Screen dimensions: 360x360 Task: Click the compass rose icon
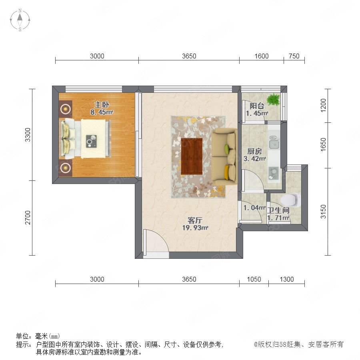pos(20,20)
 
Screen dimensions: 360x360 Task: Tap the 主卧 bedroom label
pos(102,105)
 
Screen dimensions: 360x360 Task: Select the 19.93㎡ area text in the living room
pos(195,228)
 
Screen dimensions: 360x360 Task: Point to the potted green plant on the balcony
pos(274,100)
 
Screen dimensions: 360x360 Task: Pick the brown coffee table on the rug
pos(192,156)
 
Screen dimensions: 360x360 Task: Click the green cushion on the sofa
pos(227,149)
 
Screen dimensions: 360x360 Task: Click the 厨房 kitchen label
pos(254,151)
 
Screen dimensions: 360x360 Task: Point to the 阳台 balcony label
pos(257,106)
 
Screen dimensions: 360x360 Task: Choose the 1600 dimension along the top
pos(262,56)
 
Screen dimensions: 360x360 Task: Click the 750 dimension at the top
pos(294,56)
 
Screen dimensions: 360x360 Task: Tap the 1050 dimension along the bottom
pos(254,279)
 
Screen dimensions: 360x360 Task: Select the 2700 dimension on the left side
pos(28,218)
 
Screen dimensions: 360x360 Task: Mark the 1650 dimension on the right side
pos(323,145)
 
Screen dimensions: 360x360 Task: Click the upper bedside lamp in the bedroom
pos(66,109)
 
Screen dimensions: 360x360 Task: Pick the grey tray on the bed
pos(91,141)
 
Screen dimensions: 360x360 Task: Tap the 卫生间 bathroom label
pos(278,210)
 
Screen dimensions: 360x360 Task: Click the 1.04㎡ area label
pos(254,208)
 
